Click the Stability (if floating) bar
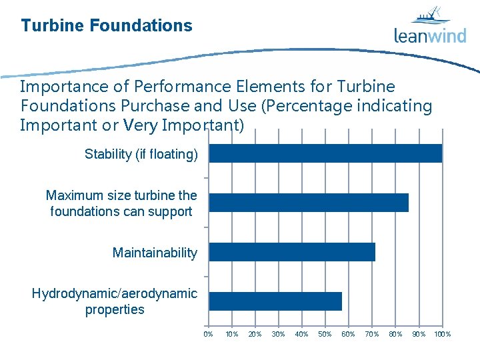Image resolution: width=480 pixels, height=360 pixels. click(x=325, y=153)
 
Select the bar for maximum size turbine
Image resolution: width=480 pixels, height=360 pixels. click(x=309, y=203)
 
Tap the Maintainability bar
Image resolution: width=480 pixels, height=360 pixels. click(x=292, y=252)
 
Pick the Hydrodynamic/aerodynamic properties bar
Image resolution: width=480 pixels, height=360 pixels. click(x=275, y=301)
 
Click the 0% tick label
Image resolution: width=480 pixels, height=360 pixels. click(x=208, y=334)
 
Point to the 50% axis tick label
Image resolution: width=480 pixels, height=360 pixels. click(x=325, y=334)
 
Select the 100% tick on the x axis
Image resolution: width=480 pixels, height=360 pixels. click(x=442, y=334)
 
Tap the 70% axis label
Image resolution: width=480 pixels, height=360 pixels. click(x=371, y=334)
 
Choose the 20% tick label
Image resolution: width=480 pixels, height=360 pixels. click(x=255, y=334)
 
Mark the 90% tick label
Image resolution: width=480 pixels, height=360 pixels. click(x=419, y=334)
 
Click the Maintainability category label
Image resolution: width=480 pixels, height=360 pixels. click(x=155, y=253)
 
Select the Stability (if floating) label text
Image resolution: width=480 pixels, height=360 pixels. click(x=141, y=155)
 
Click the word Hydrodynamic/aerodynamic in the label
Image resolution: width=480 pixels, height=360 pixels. click(x=115, y=293)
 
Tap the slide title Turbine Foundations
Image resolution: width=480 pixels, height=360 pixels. click(x=107, y=26)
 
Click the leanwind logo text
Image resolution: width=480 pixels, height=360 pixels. click(x=430, y=35)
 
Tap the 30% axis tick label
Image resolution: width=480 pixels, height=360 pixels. click(x=278, y=334)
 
